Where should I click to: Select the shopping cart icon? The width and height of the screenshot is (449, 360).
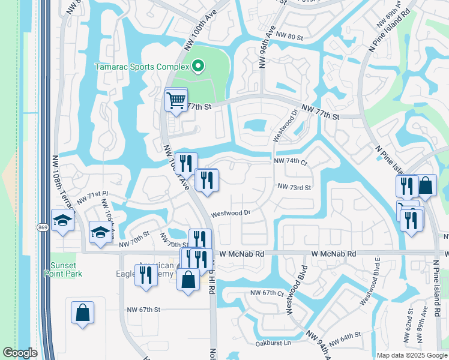coord(176,100)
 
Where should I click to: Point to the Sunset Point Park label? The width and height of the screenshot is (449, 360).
coord(63,268)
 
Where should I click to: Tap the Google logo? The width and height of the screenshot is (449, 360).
coord(20,353)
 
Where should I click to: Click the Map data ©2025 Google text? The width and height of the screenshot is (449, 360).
coord(412,355)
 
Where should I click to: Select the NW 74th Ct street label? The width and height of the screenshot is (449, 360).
coord(291,162)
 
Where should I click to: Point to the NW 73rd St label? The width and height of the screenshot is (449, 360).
coord(294,187)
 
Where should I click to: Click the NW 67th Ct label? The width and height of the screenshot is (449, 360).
coord(267,293)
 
